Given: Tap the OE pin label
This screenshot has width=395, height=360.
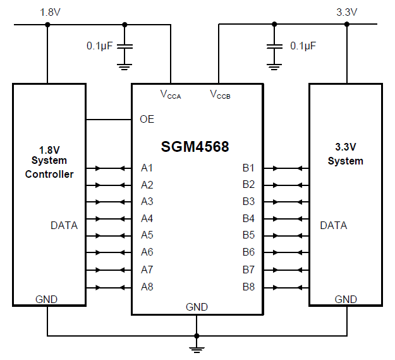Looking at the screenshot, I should (147, 119).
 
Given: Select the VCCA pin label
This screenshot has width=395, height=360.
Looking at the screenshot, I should (171, 95).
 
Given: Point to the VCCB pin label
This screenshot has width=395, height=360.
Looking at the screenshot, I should (221, 95).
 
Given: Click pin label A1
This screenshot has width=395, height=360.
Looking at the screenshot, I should (147, 168).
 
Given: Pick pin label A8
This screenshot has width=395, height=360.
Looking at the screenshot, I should (147, 287).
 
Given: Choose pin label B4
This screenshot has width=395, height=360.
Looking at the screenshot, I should (248, 219).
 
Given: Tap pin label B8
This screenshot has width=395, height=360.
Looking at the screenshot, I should (248, 287).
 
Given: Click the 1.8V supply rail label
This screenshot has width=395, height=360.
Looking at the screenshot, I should (51, 12).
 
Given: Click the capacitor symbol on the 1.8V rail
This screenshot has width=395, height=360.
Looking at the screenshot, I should (125, 47).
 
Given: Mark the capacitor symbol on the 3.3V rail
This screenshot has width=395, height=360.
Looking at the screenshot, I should (274, 46).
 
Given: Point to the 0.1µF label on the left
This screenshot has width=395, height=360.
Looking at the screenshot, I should (100, 46).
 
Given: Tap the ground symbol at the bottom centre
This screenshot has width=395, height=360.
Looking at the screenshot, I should (197, 347).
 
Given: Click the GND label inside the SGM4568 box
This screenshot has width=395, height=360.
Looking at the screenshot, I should (197, 307).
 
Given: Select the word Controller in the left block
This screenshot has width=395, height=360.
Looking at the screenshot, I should (49, 174).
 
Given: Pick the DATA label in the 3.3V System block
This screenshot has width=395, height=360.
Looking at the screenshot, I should (333, 225).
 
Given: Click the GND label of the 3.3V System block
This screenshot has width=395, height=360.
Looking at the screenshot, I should (346, 299).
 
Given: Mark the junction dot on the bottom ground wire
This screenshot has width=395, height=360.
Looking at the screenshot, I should (197, 335).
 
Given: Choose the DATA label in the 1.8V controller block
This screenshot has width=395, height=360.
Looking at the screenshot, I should (64, 225).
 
